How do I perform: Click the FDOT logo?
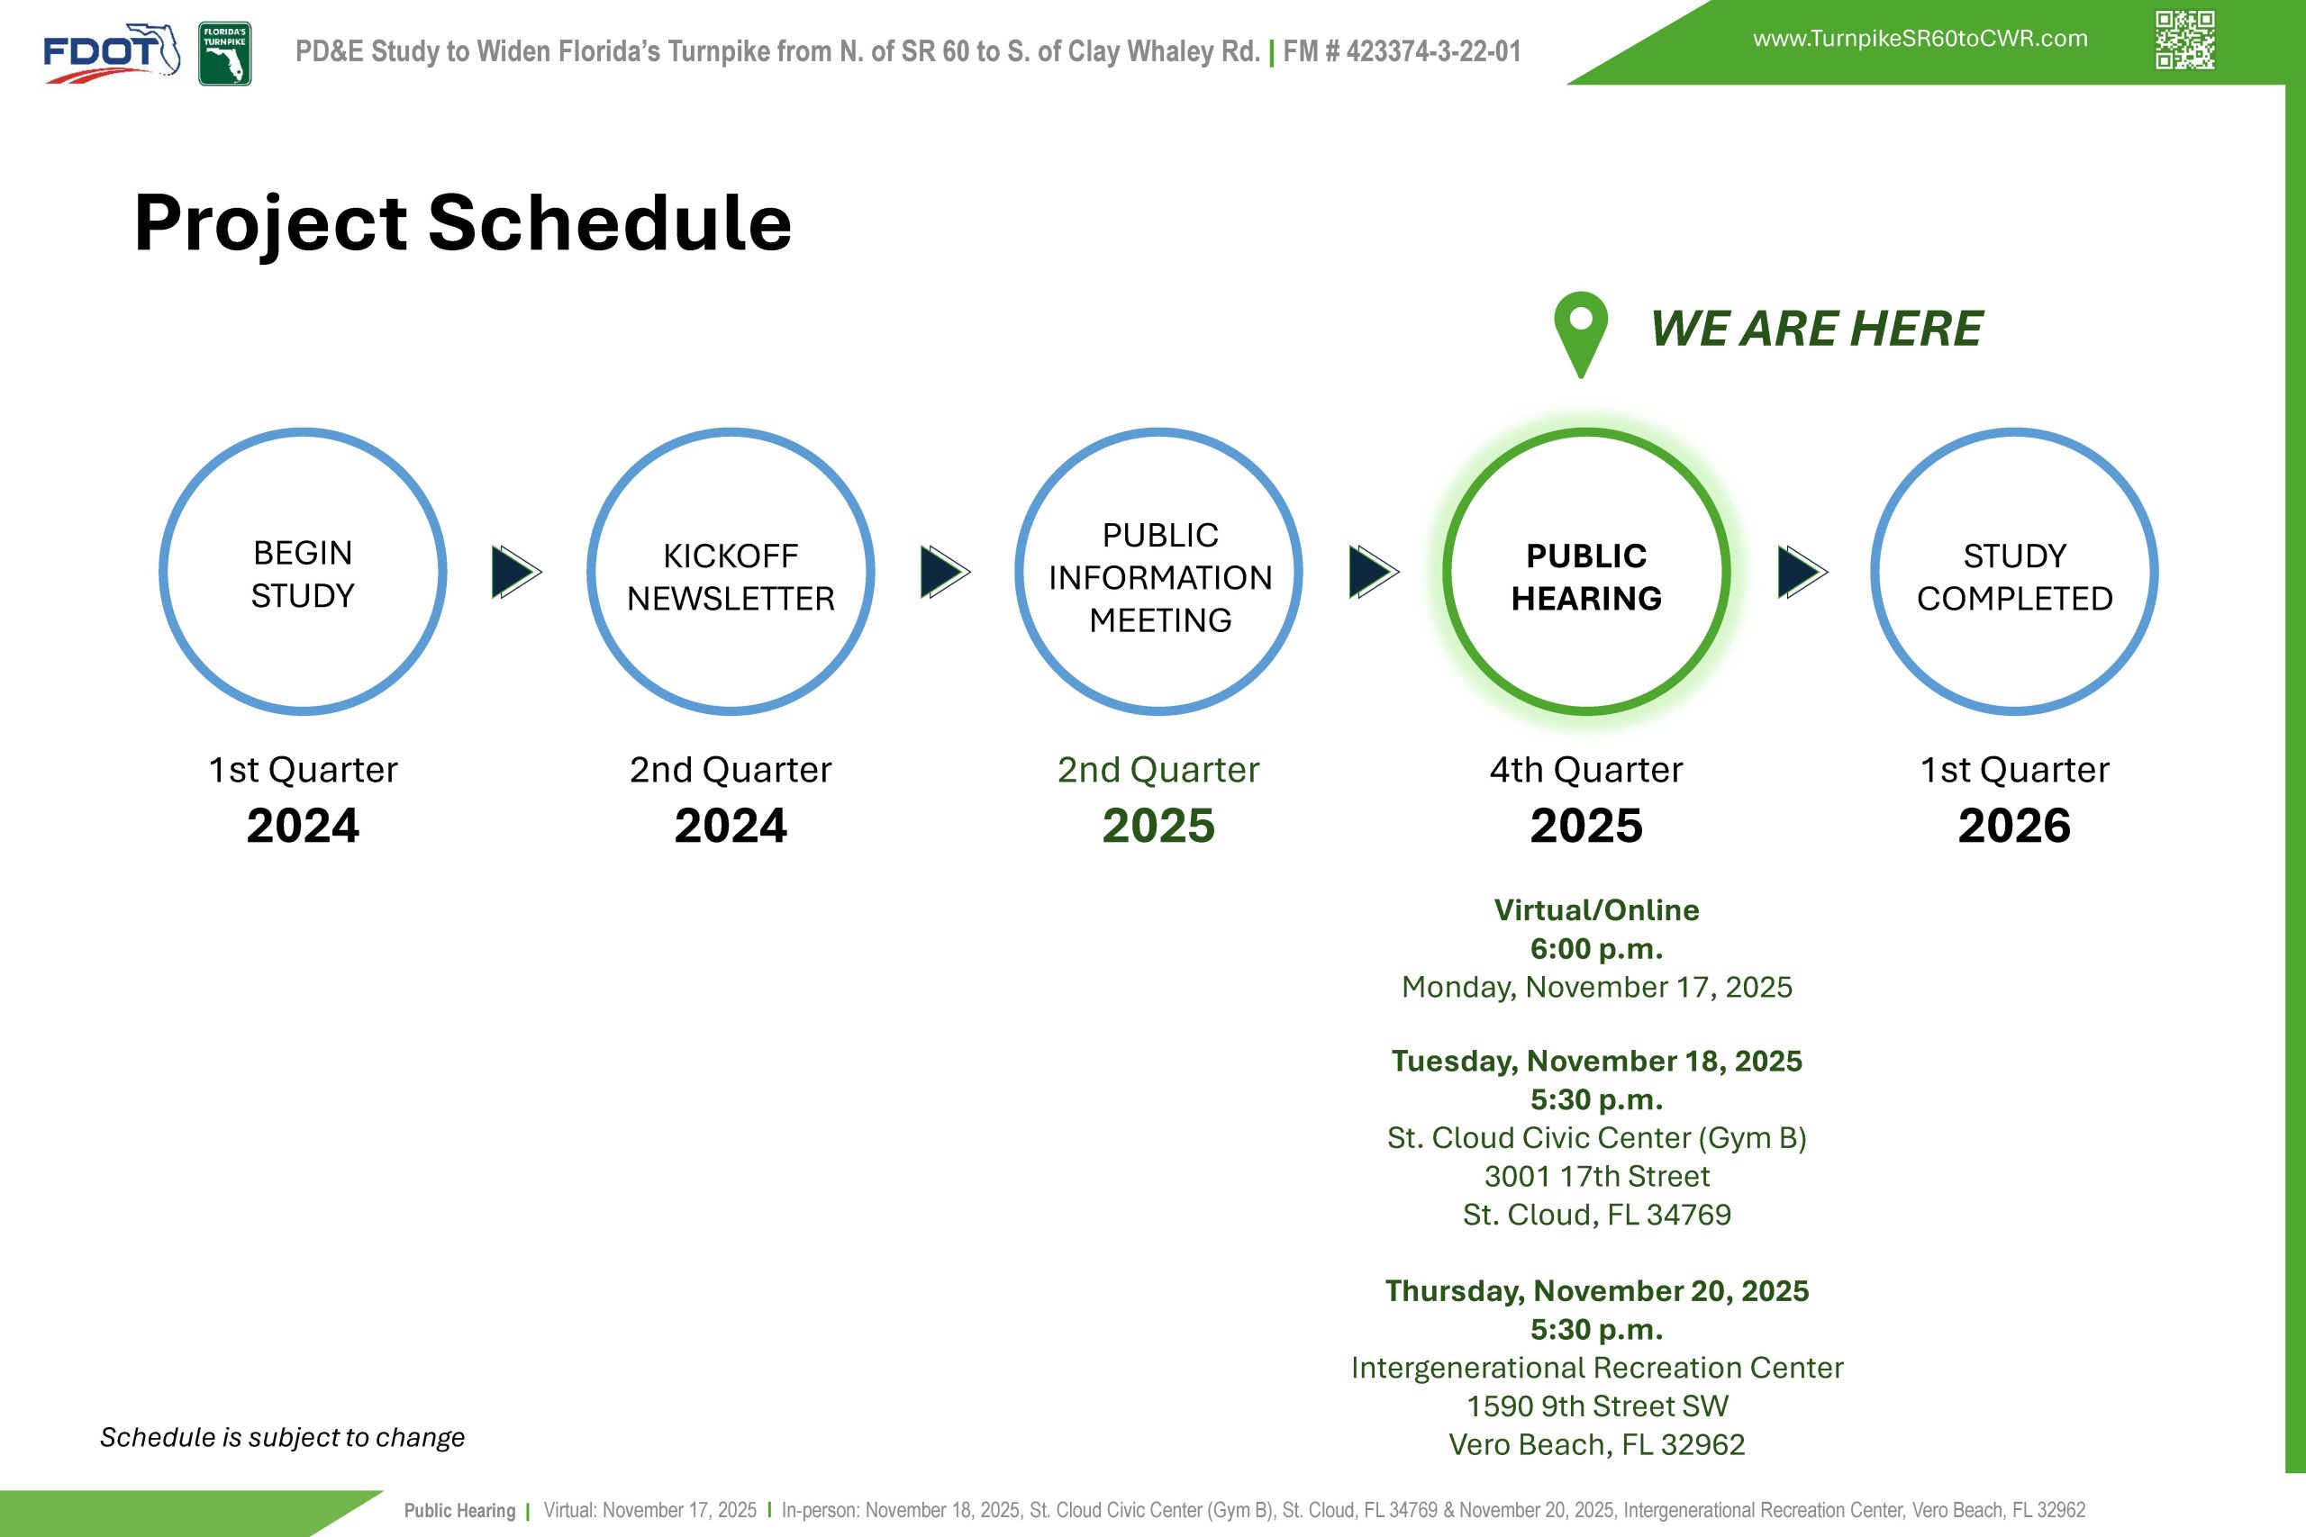[x=112, y=53]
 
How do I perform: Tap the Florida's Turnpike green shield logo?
[x=224, y=54]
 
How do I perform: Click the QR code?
[x=2184, y=41]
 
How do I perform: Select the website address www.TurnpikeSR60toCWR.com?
[x=1920, y=38]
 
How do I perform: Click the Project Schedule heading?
[x=463, y=222]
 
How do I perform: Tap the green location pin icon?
[x=1581, y=333]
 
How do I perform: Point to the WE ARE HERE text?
[x=1816, y=329]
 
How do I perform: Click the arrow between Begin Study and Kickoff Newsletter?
[x=516, y=572]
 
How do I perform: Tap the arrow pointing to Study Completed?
[x=1802, y=572]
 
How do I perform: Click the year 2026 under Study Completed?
[x=2015, y=826]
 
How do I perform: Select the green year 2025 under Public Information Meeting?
[x=1159, y=826]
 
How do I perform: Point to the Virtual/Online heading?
[x=1596, y=909]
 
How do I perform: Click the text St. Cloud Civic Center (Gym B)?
[x=1596, y=1138]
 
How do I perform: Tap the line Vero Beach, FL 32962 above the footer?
[x=1596, y=1445]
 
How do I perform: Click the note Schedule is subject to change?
[x=282, y=1438]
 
